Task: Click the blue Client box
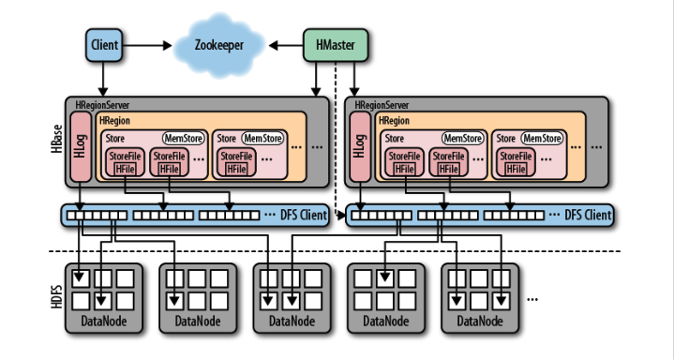pos(104,45)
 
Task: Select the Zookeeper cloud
pos(219,45)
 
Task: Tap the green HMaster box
pos(336,45)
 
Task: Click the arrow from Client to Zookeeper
pos(147,45)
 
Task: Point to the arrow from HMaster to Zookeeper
pos(286,45)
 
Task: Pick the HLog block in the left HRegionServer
pos(81,146)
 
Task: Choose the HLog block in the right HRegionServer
pos(360,146)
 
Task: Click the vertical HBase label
pos(57,139)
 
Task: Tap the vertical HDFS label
pos(57,296)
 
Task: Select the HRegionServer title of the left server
pos(102,105)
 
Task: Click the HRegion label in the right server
pos(394,121)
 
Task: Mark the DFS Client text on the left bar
pos(304,214)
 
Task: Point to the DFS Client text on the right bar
pos(588,214)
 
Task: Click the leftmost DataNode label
pos(104,321)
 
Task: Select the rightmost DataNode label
pos(480,321)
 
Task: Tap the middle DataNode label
pos(292,321)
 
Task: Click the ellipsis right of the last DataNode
pos(532,299)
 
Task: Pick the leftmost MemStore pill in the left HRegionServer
pos(184,139)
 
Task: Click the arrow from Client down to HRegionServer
pos(103,79)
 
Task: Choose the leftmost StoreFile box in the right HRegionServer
pos(404,162)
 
